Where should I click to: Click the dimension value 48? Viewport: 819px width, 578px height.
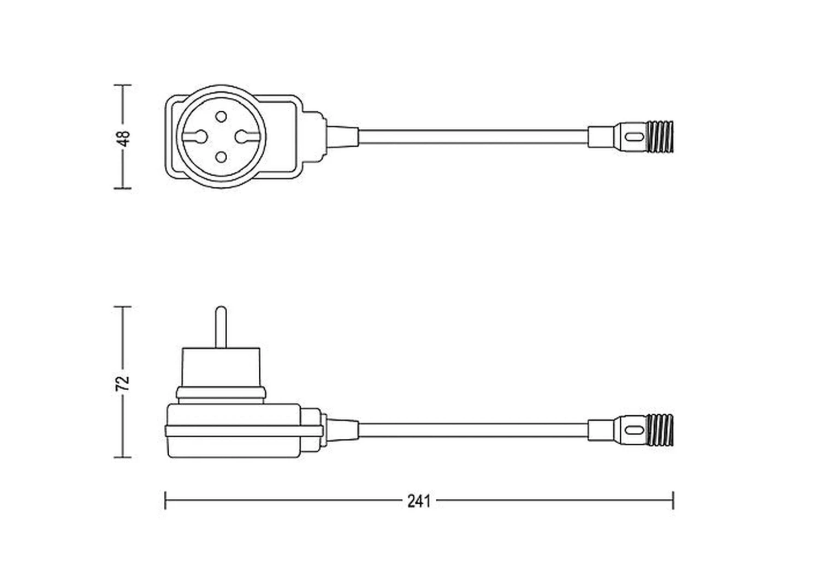(x=124, y=139)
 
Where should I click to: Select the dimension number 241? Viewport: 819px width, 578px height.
(x=419, y=502)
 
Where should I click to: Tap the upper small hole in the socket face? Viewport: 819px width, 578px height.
(x=221, y=117)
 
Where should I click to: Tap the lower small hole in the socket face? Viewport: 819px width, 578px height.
(x=221, y=157)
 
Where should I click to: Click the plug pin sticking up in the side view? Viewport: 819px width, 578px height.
(x=221, y=327)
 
